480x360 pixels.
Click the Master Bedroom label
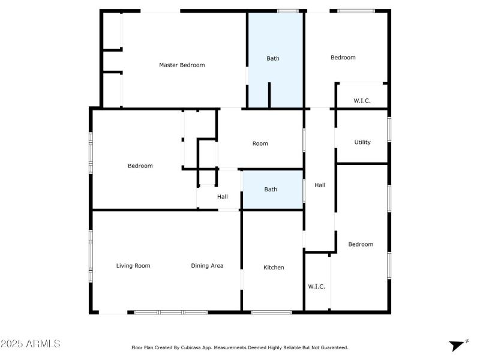182,65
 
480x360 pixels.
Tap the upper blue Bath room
273,58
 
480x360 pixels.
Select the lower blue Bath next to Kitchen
271,190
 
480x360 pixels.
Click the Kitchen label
274,268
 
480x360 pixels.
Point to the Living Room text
133,266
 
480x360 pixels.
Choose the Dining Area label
207,266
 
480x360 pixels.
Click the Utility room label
362,143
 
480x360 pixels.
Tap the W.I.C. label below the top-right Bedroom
362,101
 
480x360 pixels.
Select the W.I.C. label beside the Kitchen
316,287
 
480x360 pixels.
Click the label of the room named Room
260,143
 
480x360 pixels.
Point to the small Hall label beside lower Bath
222,197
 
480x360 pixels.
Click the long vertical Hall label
320,185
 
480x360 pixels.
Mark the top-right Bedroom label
343,58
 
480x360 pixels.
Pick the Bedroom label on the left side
140,166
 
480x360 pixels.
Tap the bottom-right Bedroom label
361,244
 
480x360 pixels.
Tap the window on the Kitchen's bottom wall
271,312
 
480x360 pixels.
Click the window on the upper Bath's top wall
288,11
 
